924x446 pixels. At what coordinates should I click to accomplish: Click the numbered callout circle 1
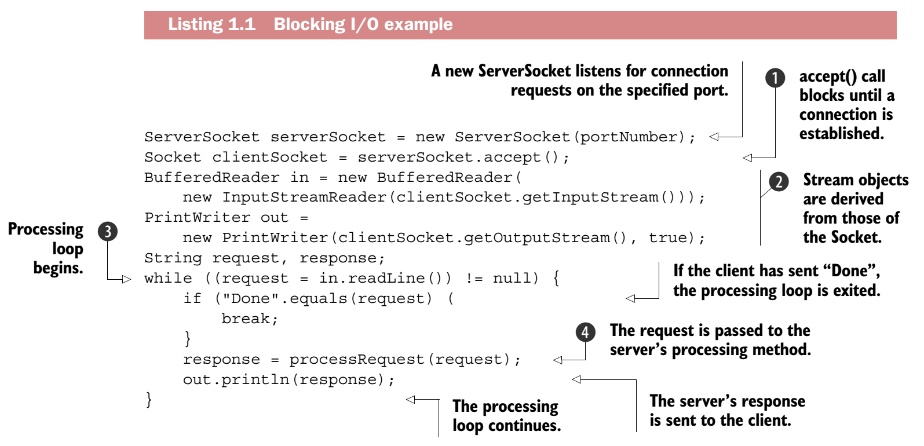(775, 78)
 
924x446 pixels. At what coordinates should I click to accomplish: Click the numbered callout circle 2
(779, 182)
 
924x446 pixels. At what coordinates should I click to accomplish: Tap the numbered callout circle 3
(108, 231)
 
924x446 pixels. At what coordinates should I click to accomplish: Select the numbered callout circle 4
(585, 332)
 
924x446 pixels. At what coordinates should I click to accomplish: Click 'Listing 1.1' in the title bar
(211, 24)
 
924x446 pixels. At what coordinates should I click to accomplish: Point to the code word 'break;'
(250, 319)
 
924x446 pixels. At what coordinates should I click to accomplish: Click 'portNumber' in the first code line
(628, 137)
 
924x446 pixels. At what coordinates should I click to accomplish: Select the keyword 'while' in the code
(168, 279)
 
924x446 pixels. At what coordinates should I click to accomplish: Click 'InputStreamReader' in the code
(304, 198)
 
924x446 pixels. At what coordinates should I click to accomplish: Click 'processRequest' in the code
(357, 360)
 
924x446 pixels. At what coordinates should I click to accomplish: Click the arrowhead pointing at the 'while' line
(126, 280)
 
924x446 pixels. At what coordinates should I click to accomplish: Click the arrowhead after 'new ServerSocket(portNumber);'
(714, 137)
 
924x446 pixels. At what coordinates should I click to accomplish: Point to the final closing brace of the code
(149, 399)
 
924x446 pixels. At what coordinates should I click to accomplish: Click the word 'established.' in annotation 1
(841, 134)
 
